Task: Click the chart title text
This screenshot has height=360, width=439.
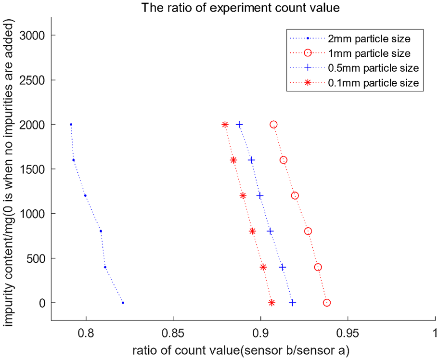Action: (x=241, y=7)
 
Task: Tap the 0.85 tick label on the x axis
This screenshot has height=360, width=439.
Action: (x=173, y=333)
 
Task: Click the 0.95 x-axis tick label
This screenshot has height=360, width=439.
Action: (x=348, y=333)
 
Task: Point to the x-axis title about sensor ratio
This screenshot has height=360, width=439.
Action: (x=241, y=350)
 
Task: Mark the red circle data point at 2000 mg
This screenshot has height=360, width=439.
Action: (x=273, y=125)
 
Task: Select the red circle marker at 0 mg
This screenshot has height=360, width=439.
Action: (x=327, y=303)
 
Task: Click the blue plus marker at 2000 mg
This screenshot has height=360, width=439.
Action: (x=239, y=125)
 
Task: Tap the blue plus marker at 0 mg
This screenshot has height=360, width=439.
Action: (x=293, y=303)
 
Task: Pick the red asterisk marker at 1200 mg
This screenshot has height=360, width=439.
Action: (x=243, y=195)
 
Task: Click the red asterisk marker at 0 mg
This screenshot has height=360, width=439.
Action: (x=271, y=303)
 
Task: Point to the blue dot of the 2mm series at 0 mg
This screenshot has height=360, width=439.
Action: (x=123, y=303)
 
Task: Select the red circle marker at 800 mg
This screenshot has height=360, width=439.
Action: (x=308, y=231)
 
